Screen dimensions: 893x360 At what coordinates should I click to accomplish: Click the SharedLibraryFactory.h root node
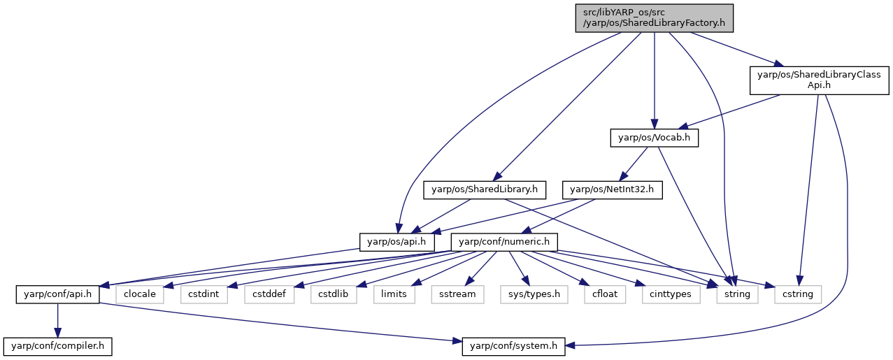655,18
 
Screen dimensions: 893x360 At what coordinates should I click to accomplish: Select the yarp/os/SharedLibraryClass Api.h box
820,80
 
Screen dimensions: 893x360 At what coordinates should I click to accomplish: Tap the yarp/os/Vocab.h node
655,138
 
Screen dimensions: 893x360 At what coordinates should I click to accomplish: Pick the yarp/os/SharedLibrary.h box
485,190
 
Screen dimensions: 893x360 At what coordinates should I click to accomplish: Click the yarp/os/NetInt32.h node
613,190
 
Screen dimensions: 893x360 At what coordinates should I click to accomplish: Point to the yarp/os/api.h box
397,243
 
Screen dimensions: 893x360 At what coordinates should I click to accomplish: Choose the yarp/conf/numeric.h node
504,243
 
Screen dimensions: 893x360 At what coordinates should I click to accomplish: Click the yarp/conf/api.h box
58,294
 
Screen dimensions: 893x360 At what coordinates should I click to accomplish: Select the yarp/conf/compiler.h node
58,347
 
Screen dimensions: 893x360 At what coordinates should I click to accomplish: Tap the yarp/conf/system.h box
514,347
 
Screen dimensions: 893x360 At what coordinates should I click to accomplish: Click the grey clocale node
140,294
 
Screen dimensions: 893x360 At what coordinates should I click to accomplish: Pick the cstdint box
204,294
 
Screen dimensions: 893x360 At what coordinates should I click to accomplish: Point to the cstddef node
269,294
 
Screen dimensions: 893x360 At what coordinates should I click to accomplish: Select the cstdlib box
334,294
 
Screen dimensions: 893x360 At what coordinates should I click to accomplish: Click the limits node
394,294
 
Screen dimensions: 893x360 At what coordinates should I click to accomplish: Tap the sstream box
457,294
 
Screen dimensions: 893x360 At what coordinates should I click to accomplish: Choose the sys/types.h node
534,294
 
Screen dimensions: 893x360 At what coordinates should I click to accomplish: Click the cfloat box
605,294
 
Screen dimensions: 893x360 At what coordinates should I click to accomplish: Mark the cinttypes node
671,294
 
